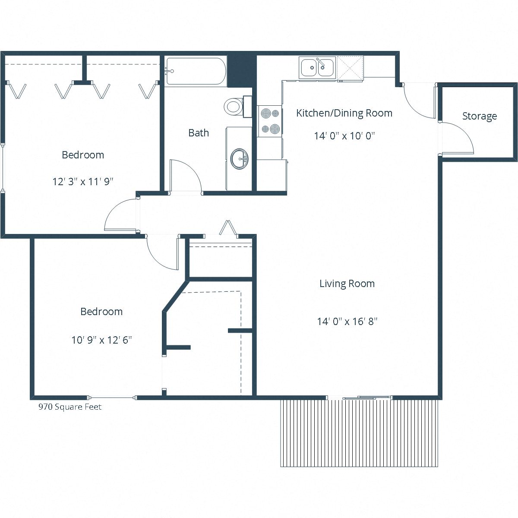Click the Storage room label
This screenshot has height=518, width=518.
click(x=479, y=116)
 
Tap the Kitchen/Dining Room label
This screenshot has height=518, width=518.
click(x=344, y=113)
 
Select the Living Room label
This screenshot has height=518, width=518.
click(x=347, y=284)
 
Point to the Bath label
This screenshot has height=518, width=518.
click(x=199, y=133)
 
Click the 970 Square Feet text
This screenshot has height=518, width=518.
click(x=70, y=407)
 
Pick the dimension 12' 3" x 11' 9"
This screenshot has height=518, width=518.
click(x=83, y=182)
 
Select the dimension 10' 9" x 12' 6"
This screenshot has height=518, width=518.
click(x=101, y=340)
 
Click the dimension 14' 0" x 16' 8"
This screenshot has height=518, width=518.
click(x=347, y=322)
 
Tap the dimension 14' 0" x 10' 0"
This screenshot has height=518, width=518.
click(x=344, y=136)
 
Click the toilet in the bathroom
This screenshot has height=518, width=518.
click(x=234, y=106)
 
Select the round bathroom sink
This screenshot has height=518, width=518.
click(x=239, y=159)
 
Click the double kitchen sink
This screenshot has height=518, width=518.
click(x=317, y=68)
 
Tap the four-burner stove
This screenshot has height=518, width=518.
click(x=270, y=121)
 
